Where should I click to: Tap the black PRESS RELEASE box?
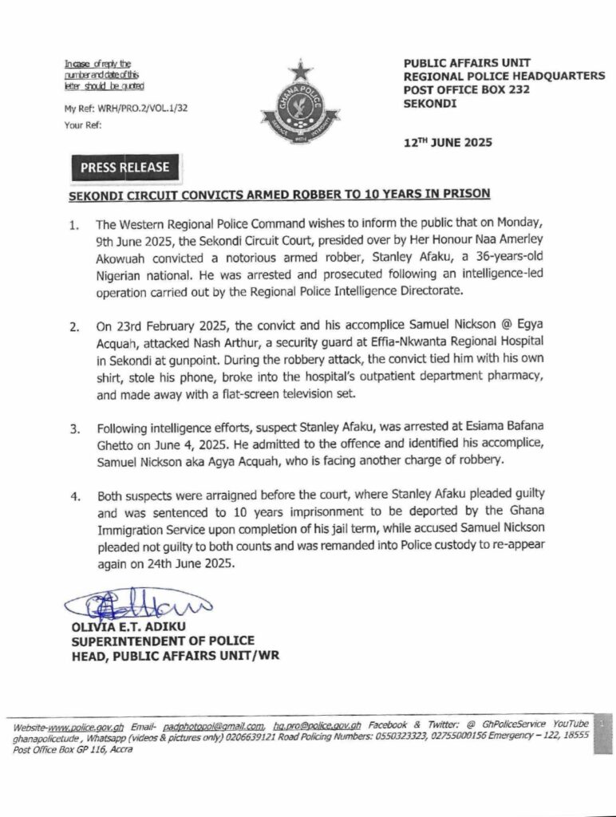click(x=124, y=168)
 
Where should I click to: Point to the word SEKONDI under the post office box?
click(x=430, y=103)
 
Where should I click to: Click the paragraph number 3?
click(x=73, y=428)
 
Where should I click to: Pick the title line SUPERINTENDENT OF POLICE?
click(x=163, y=641)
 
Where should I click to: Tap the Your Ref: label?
click(x=82, y=124)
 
